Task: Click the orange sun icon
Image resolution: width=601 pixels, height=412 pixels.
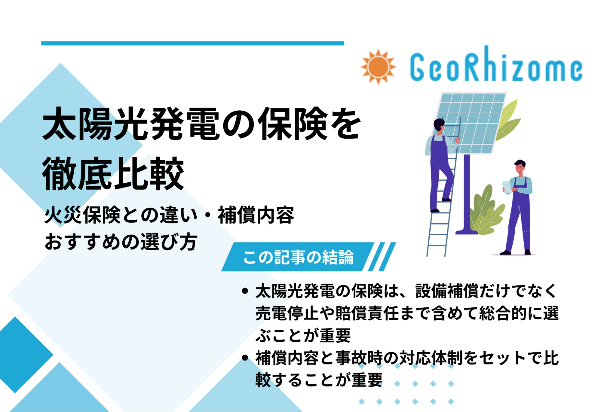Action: [378, 67]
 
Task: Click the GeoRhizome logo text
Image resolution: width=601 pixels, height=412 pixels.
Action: [496, 67]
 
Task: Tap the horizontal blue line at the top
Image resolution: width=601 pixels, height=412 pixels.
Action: [192, 43]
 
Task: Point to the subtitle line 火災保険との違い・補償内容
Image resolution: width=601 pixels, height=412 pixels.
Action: [169, 215]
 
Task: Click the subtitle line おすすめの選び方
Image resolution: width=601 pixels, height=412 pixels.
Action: [121, 242]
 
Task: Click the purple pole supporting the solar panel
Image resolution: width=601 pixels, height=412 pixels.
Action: [467, 192]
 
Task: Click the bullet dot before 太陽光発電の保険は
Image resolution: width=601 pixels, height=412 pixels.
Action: [245, 291]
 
